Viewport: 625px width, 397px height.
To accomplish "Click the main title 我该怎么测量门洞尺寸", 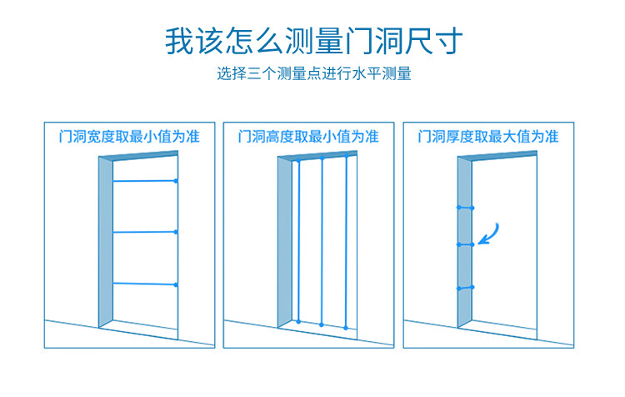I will tap(312, 41).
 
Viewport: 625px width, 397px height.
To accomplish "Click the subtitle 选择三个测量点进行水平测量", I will tap(313, 74).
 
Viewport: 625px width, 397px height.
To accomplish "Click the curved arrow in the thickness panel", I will tap(490, 233).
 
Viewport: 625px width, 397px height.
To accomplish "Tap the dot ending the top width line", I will tap(176, 181).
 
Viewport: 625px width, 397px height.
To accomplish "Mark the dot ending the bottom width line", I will tap(176, 285).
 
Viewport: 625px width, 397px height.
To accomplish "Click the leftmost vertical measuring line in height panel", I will tap(297, 242).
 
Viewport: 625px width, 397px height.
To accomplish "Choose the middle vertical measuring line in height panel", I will tap(322, 242).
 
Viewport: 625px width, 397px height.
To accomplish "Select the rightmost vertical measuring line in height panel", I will tap(346, 242).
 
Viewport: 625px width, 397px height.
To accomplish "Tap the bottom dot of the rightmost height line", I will tap(346, 327).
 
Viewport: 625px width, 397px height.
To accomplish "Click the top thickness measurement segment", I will tap(465, 207).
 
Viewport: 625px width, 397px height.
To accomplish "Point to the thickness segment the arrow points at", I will tap(465, 244).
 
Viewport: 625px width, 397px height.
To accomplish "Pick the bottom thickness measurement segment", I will tap(465, 288).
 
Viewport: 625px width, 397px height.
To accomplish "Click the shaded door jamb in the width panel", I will tap(105, 242).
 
